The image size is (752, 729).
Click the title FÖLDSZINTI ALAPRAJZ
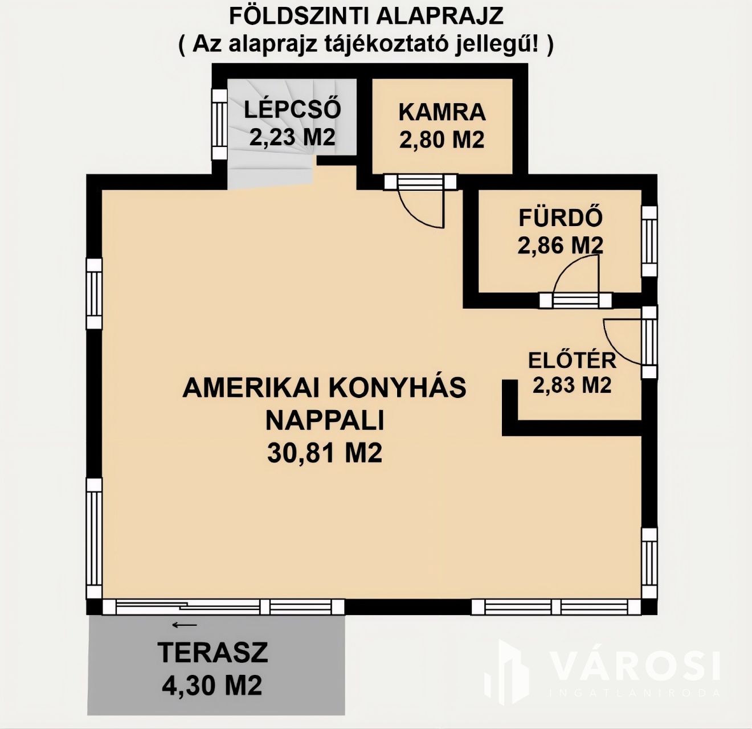click(366, 17)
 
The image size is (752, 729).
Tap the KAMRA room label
click(442, 112)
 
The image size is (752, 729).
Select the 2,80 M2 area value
click(442, 140)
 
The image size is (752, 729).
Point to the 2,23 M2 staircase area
click(292, 137)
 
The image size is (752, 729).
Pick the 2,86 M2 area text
click(561, 245)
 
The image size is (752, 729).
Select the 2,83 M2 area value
click(572, 385)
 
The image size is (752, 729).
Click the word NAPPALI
click(325, 420)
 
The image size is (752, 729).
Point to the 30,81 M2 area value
click(325, 453)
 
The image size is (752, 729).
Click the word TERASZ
click(212, 652)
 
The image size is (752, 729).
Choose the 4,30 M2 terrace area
click(212, 685)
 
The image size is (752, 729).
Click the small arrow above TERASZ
click(185, 625)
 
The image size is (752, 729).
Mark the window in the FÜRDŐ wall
click(649, 241)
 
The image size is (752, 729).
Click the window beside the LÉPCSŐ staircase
click(219, 124)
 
